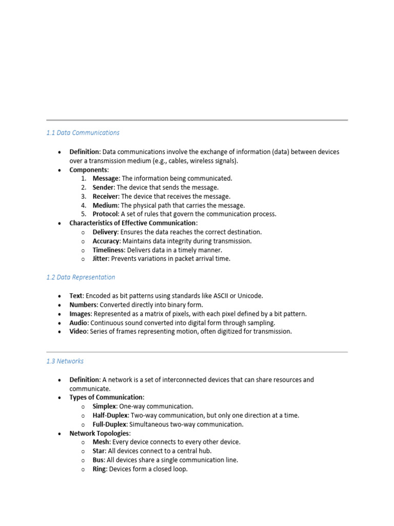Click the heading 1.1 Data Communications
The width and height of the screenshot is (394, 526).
[x=83, y=133]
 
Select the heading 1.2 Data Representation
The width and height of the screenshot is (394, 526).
[x=81, y=277]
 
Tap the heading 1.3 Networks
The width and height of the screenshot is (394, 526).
[x=65, y=361]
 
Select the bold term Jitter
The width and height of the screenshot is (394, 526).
[x=101, y=259]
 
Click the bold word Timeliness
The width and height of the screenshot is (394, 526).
[x=108, y=250]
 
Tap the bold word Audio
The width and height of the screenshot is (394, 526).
[x=79, y=323]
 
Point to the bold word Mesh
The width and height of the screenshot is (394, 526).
[x=101, y=442]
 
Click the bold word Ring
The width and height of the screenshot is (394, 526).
[x=100, y=469]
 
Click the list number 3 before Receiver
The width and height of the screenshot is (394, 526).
[x=83, y=197]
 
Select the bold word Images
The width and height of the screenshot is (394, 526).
[x=81, y=314]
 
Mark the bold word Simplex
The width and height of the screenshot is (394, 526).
[x=105, y=406]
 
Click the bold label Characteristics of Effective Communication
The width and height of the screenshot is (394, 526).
[x=132, y=223]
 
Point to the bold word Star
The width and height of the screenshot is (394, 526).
[x=99, y=451]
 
